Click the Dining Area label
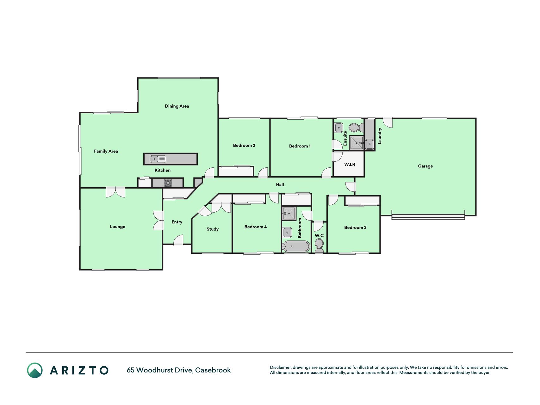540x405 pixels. coord(177,106)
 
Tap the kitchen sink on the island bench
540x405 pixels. coord(158,159)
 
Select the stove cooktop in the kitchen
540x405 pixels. coord(168,183)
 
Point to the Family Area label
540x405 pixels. coord(106,151)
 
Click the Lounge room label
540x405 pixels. coord(118,227)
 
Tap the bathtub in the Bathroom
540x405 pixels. coord(296,246)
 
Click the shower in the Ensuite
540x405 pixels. coord(357,143)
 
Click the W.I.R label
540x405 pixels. coord(350,165)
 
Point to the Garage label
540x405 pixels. coord(425,166)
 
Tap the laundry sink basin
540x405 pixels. coord(369,145)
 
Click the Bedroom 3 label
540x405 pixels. coord(355,227)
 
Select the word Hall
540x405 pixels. coord(280,184)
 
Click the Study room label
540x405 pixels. coord(213,229)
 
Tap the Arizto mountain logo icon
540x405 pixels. coord(35,370)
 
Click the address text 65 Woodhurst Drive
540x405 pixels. coord(160,370)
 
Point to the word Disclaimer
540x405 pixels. coord(281,367)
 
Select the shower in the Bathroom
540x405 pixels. coord(289,214)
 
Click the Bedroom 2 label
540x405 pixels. coord(244,146)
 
